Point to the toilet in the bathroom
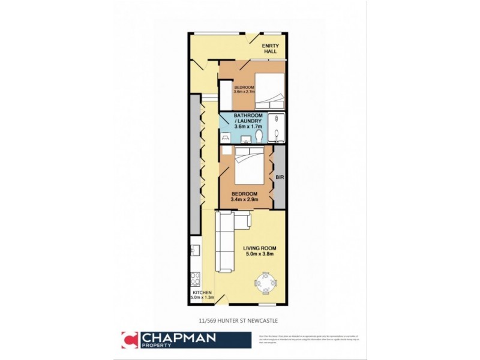(x=259, y=137)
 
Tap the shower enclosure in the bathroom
(x=277, y=127)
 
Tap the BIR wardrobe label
(x=279, y=178)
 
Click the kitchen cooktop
(x=195, y=278)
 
